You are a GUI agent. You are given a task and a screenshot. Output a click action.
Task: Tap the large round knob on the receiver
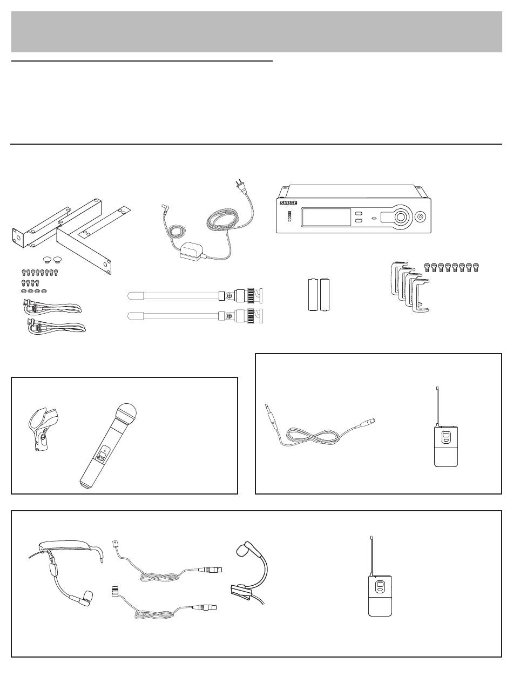pos(401,218)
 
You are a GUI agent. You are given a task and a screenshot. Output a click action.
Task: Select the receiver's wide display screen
pos(323,218)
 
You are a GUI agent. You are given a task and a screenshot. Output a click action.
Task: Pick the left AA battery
pos(313,295)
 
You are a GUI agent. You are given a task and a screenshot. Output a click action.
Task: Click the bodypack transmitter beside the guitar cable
pos(446,445)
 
